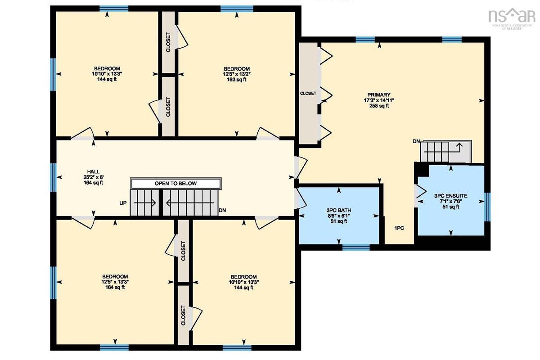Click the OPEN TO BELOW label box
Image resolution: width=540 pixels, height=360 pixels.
pos(176,184)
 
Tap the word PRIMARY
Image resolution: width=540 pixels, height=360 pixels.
pos(379,95)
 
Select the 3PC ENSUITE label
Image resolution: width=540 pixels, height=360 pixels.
pos(450,196)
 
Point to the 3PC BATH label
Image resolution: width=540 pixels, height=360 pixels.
pos(339,210)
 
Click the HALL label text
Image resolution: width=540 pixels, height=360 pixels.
pos(93,172)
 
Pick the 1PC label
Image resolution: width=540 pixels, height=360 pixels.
pos(399,228)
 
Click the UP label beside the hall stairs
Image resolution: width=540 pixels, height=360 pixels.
pos(123,203)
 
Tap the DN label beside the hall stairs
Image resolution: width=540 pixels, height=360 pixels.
pos(222,210)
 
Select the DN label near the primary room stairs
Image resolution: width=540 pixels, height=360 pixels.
pos(416,142)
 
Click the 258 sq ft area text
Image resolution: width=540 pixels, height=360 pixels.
pos(379,106)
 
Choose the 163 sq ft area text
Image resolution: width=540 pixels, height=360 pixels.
pos(237,80)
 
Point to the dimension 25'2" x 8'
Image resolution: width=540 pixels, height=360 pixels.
pos(93,177)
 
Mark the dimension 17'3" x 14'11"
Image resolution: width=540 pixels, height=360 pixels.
pos(379,100)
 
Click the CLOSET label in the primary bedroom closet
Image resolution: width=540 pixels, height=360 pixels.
pos(308,93)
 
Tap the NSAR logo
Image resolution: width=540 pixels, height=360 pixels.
pos(511,18)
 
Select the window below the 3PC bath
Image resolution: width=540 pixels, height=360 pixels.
pos(356,247)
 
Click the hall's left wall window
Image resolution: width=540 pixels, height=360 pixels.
pos(53,178)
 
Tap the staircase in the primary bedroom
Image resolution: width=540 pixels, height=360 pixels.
pos(446,152)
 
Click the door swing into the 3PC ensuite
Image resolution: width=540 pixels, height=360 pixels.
pos(420,192)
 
